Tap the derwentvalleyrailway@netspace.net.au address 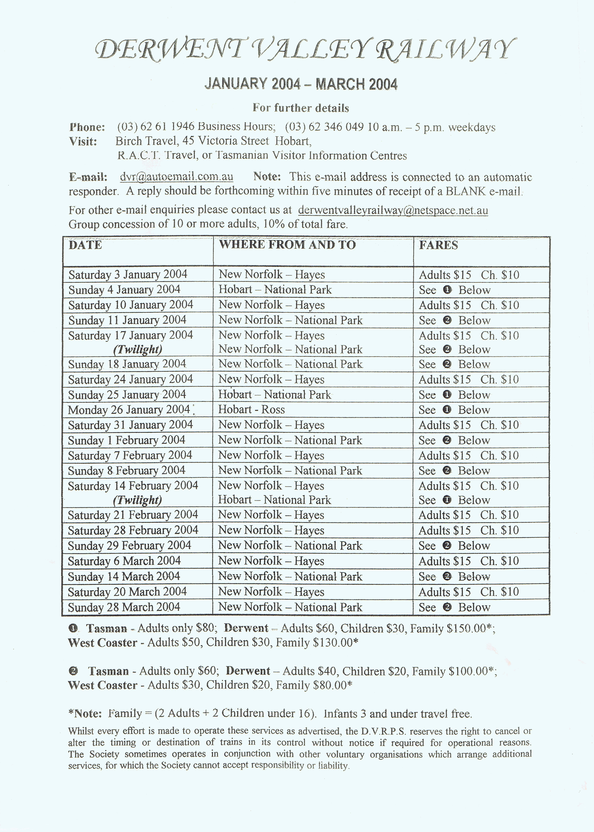[x=393, y=210]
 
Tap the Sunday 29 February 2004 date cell [x=129, y=545]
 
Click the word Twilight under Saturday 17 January [x=137, y=349]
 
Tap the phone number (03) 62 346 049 [x=324, y=127]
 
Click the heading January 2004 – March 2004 [x=301, y=84]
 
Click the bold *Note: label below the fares [x=85, y=713]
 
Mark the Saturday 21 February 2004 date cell [x=133, y=515]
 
